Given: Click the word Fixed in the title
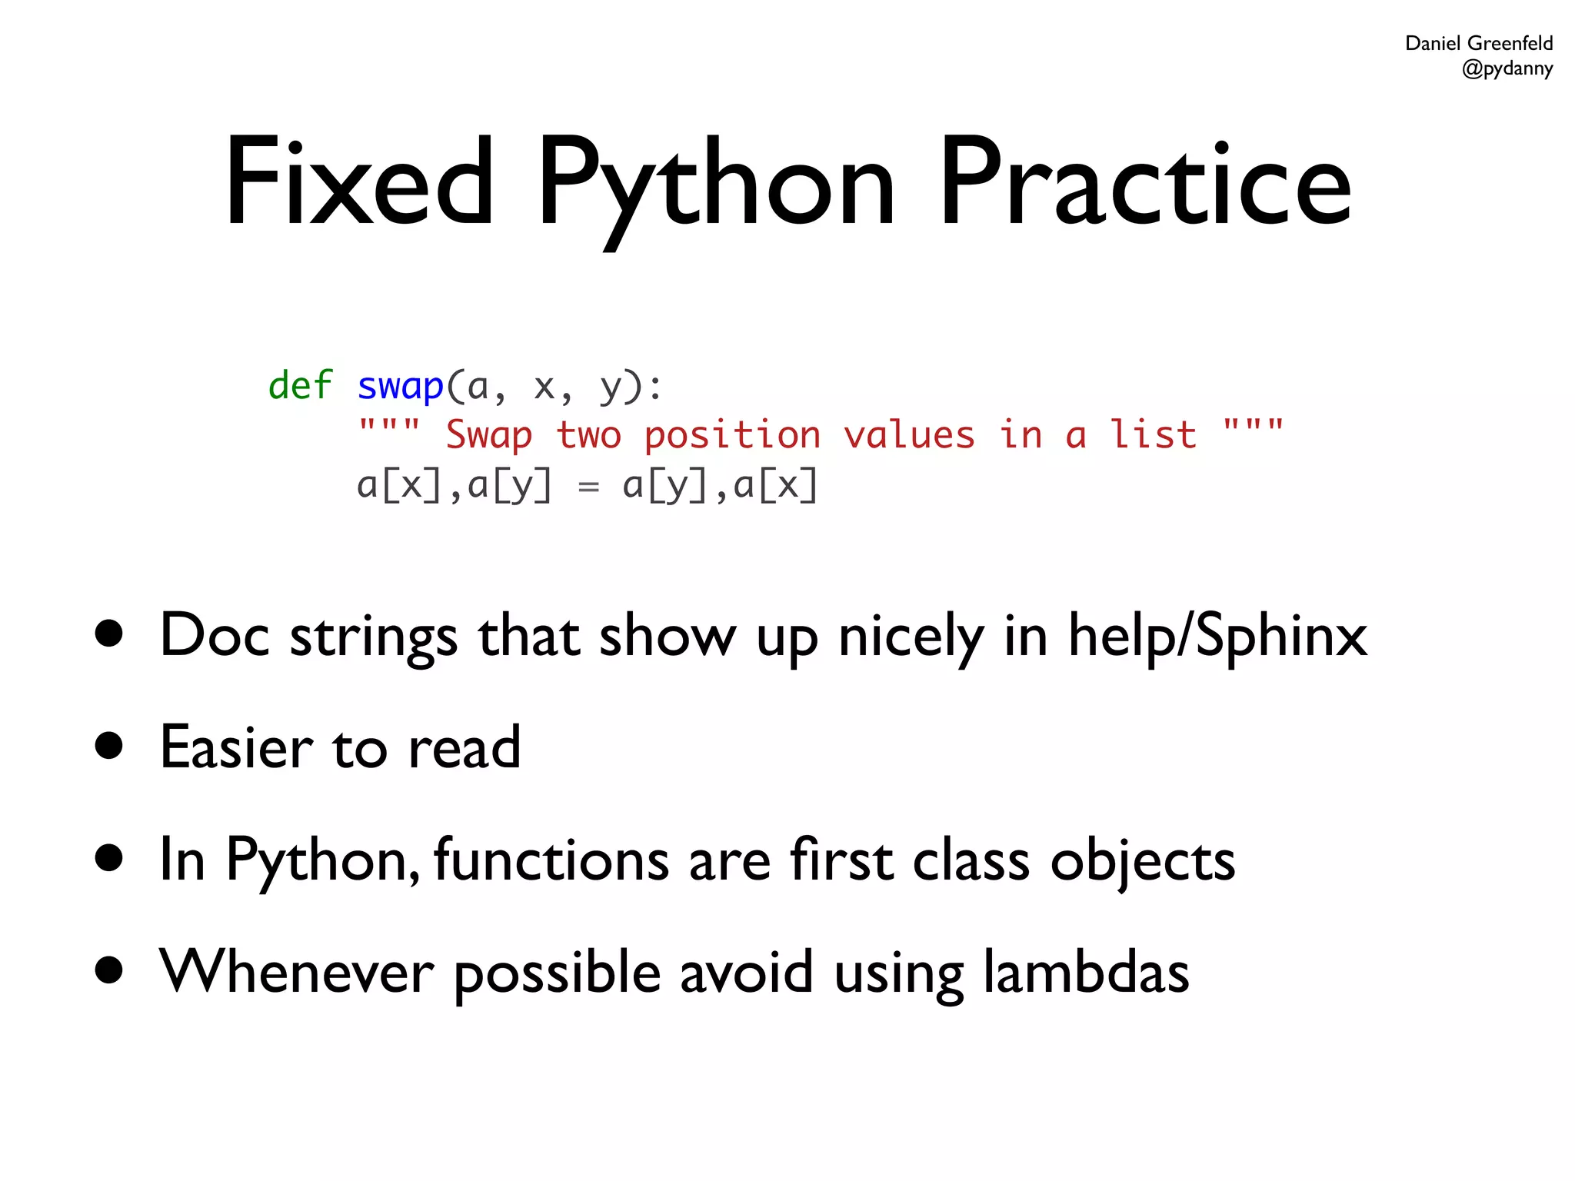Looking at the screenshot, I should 358,182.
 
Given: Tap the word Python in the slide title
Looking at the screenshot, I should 715,185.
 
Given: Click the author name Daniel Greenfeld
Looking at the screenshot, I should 1478,43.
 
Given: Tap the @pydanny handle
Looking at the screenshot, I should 1507,68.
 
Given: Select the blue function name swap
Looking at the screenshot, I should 401,386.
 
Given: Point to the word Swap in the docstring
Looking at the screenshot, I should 489,435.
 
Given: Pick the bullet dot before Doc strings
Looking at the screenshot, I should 109,634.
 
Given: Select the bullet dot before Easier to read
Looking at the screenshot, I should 109,745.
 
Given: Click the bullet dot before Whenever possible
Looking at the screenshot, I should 109,970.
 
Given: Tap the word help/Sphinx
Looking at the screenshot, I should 1217,637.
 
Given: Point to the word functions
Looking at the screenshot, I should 551,859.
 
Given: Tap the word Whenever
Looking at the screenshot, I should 297,971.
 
